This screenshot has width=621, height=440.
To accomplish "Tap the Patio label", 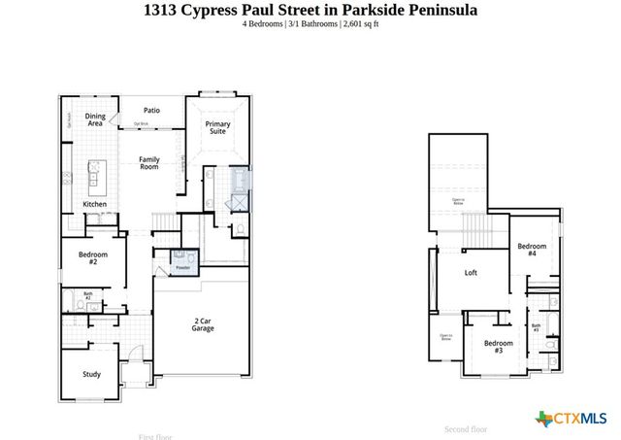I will tap(151, 111).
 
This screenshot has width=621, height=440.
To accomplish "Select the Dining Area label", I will tap(95, 119).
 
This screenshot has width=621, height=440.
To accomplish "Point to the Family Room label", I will tap(148, 163).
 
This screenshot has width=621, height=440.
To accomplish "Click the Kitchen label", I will tap(94, 204).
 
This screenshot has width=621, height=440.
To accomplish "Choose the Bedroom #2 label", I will tap(93, 257).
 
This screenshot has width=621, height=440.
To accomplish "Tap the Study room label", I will tap(91, 373).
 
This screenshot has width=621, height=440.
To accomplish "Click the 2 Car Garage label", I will tap(203, 325).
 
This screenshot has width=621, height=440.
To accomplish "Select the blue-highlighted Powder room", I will tap(182, 261).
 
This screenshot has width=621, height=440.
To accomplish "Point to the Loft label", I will tap(472, 273).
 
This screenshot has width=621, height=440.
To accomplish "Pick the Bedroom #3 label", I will tap(499, 347).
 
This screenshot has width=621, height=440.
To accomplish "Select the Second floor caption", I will tap(466, 428).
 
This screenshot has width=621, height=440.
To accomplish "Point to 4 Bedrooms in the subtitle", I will tap(263, 24).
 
